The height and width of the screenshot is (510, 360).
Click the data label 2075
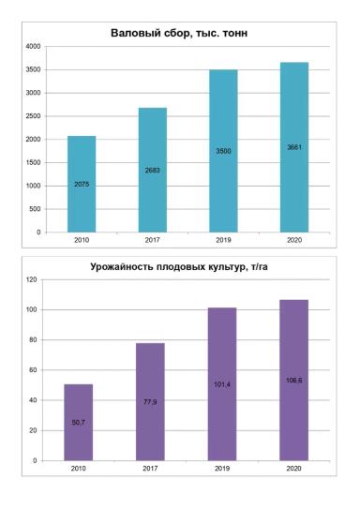82,185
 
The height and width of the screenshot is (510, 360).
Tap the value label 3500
223,151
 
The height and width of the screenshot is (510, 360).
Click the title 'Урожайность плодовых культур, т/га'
179,267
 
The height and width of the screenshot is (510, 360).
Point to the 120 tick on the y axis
30,279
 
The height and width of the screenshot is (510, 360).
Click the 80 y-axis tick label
32,340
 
